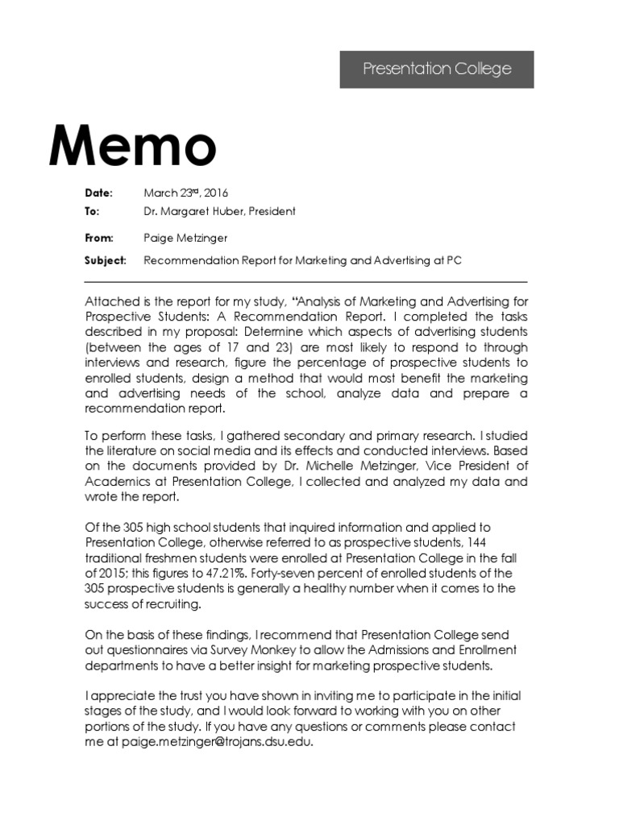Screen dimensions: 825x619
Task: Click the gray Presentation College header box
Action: pos(436,69)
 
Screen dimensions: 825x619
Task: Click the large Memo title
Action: pos(133,147)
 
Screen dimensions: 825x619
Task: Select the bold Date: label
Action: pos(99,193)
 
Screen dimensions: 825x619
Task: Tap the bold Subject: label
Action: pos(106,261)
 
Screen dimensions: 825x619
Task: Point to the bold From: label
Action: pos(99,238)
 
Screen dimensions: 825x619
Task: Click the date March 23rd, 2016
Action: pos(186,193)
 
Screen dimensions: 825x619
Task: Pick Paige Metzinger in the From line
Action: pos(185,238)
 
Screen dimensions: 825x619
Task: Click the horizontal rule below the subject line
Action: pos(305,282)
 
